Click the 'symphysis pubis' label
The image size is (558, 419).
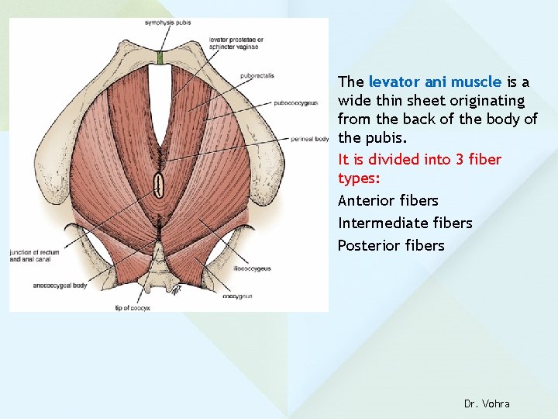pos(167,23)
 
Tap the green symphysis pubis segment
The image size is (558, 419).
pos(160,58)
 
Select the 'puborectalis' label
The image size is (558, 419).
pos(257,76)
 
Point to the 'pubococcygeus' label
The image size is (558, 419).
pos(295,102)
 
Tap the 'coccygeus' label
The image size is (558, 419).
pos(237,296)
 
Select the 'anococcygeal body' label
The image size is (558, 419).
pos(60,285)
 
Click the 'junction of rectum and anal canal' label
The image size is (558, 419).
pos(35,256)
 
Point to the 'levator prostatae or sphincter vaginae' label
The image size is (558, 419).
pos(236,43)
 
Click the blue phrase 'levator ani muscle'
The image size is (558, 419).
pos(435,81)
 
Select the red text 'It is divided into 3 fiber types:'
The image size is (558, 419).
pos(419,168)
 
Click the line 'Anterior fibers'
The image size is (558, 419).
pos(387,201)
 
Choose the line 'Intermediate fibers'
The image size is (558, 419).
pos(405,223)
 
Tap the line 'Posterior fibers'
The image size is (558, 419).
pos(391,246)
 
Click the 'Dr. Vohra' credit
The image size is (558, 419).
pos(487,403)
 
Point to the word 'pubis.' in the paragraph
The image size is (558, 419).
pos(385,139)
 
